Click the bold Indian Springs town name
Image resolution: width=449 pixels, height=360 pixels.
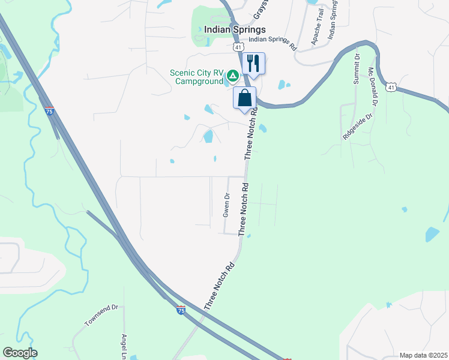pos(235,29)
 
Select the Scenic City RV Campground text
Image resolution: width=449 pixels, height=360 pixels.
pos(196,77)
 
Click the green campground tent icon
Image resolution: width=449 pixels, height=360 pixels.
pos(232,76)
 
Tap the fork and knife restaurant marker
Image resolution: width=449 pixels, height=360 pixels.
pos(253,62)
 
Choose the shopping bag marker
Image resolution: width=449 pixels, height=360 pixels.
pos(244,98)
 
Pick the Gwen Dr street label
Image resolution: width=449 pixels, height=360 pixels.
pos(226,205)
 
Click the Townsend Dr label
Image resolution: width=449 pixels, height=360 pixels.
pos(102,315)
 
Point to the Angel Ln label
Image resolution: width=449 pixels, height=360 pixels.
pos(124,346)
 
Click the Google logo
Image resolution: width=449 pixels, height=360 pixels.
pos(20,353)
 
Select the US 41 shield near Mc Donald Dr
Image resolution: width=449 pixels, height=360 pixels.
pos(391,87)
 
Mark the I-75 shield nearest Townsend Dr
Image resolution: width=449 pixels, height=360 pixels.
pos(181,310)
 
